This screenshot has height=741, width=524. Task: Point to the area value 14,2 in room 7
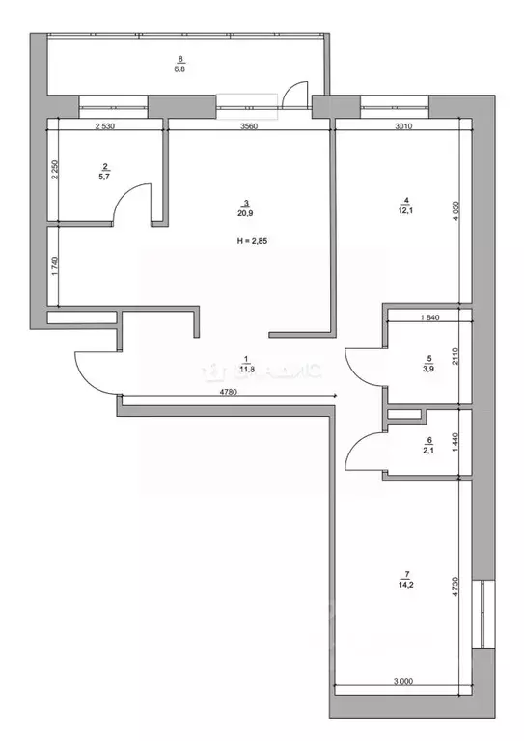[403, 585]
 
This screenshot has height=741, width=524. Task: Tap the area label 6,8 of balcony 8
[179, 69]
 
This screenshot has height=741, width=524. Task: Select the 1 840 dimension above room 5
[429, 316]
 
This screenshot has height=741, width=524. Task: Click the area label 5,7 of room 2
[103, 177]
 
